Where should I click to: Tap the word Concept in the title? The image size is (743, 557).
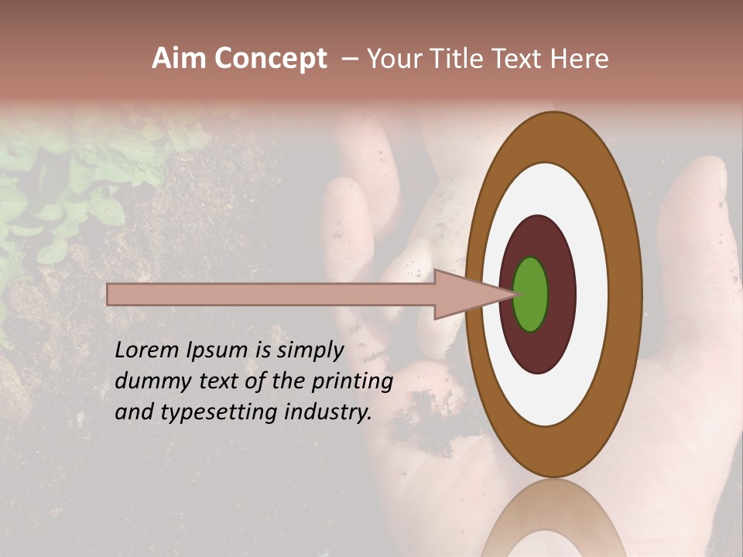click(x=269, y=59)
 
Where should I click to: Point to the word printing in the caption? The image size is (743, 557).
click(x=352, y=382)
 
